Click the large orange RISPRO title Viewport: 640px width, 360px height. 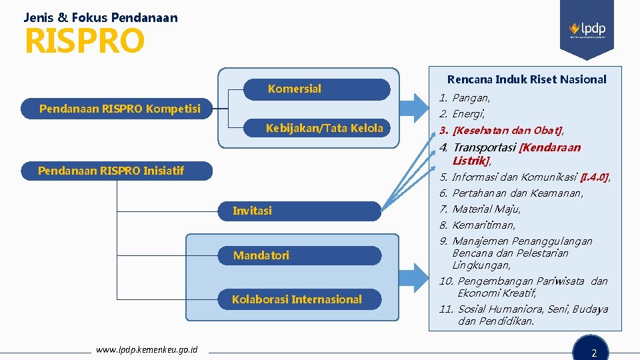coord(84,41)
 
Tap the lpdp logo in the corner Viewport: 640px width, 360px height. coord(587,30)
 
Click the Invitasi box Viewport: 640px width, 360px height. coord(301,211)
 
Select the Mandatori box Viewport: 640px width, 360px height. coord(301,255)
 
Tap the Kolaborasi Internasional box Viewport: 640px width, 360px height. coord(301,299)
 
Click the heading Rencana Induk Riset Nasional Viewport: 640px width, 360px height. coord(527,79)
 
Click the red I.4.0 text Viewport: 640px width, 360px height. coord(595,177)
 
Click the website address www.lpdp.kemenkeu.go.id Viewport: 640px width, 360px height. coord(147,349)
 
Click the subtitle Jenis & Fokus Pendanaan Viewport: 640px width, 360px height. coord(101,17)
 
